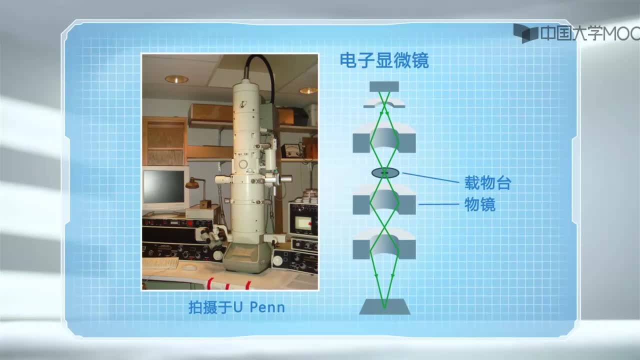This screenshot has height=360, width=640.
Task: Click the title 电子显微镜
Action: click(x=384, y=61)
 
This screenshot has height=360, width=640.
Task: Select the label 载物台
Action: click(x=487, y=183)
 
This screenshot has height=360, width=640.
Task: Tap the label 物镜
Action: click(x=480, y=204)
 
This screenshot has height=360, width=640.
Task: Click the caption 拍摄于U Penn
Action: click(x=236, y=307)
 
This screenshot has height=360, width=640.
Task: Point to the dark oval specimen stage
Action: click(x=385, y=173)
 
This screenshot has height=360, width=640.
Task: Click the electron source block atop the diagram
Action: click(x=384, y=86)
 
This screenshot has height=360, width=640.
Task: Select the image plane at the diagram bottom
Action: click(x=384, y=307)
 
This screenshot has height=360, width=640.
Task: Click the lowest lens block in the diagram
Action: click(x=384, y=246)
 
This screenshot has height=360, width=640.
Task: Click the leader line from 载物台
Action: click(x=430, y=177)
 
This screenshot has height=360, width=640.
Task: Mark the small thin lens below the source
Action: click(x=384, y=103)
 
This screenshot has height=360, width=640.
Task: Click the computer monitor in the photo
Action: click(x=165, y=188)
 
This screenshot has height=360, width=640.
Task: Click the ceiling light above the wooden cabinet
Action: click(x=176, y=79)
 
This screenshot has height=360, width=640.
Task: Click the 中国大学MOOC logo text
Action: click(x=589, y=33)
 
